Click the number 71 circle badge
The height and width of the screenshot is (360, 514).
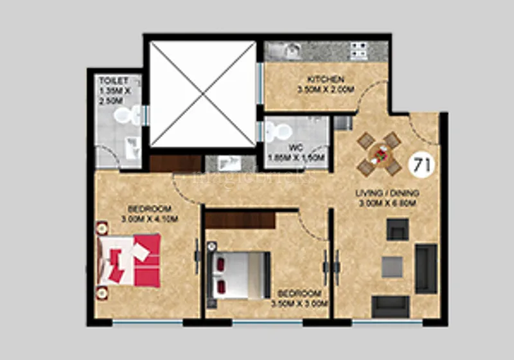coord(421,164)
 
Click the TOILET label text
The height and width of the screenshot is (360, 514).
coord(113,80)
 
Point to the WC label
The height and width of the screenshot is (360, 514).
coord(296,147)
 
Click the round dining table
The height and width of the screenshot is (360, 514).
coord(379,155)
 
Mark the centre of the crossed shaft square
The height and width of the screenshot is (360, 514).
coord(203,94)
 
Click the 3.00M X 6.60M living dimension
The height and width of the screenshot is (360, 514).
coord(392,204)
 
